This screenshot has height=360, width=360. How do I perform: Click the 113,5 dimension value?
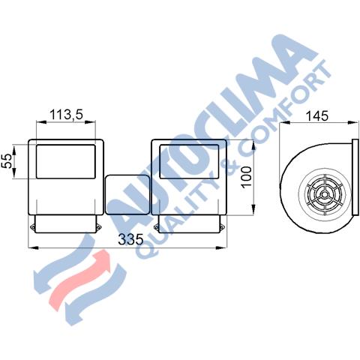[66, 115]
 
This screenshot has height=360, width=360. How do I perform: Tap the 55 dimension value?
[7, 161]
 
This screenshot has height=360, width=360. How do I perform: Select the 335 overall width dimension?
[130, 239]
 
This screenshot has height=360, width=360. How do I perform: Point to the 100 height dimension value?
[246, 177]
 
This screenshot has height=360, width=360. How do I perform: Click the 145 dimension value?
[316, 116]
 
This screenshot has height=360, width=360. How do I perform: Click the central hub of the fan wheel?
[324, 194]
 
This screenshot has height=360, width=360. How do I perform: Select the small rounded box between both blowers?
[127, 195]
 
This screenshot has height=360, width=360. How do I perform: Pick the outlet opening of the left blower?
[66, 161]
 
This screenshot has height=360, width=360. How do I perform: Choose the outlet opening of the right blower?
[189, 161]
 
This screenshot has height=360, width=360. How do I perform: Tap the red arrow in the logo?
[79, 280]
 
